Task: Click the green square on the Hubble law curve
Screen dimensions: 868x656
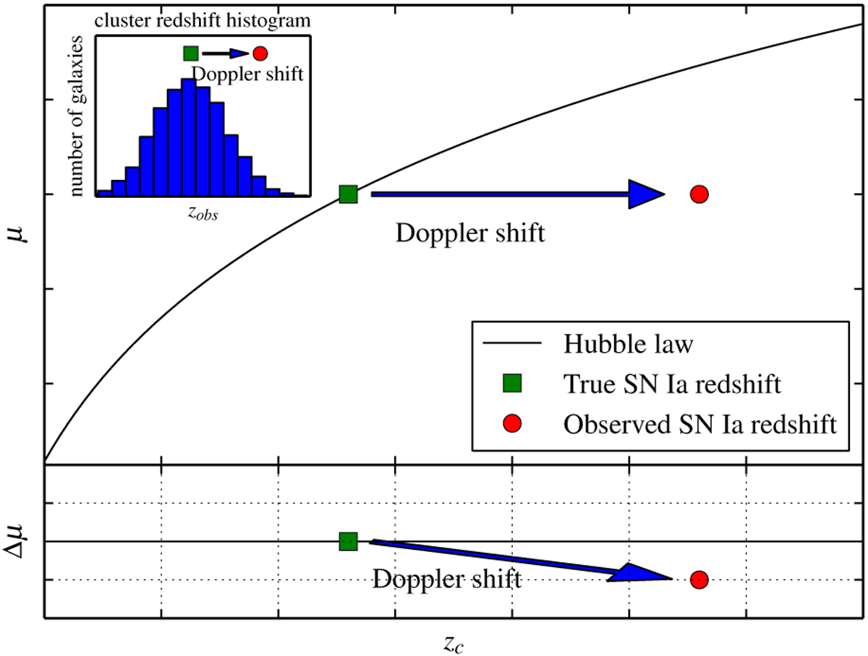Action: point(348,194)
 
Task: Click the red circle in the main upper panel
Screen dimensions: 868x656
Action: point(699,194)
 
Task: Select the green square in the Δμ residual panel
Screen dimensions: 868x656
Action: point(348,541)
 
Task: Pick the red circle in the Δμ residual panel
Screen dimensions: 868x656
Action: point(699,579)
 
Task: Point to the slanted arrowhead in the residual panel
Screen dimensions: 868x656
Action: point(641,573)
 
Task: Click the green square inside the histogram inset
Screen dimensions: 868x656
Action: point(191,53)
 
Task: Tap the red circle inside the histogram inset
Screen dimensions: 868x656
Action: point(260,53)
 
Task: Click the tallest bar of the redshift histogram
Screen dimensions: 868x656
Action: point(189,137)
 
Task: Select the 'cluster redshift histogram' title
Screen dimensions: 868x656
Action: point(203,20)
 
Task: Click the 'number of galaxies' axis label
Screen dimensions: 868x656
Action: point(76,116)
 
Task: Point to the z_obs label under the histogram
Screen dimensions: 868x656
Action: point(203,214)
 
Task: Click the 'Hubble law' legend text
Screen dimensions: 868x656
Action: point(628,344)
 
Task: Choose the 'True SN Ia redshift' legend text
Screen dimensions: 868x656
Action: point(672,384)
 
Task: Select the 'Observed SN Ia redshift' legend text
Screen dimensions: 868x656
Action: point(700,424)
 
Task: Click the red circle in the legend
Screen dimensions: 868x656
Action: point(512,423)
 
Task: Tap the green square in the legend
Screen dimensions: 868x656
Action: point(512,383)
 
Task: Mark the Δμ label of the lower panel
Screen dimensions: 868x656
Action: point(16,541)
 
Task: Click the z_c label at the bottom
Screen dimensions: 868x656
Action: point(454,644)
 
